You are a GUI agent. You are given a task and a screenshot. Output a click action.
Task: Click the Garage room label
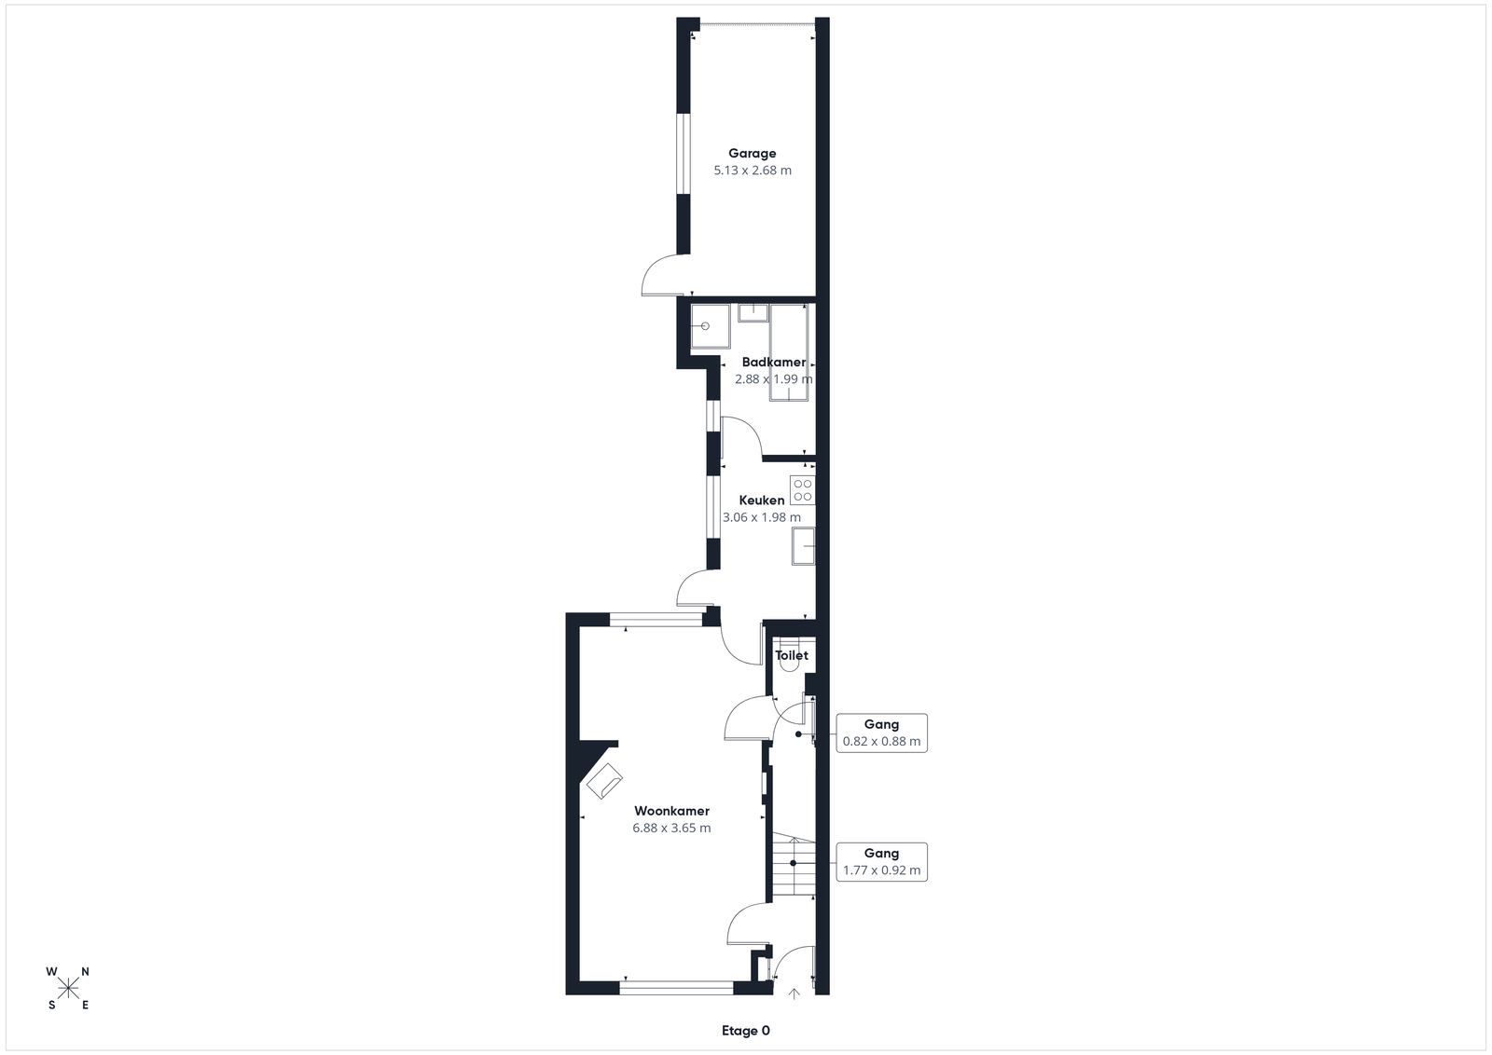point(752,154)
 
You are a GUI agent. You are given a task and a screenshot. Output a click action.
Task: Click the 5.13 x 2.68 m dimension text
point(753,171)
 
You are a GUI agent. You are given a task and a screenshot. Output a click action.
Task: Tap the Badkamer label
point(774,363)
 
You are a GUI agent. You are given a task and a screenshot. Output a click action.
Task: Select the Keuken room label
point(762,500)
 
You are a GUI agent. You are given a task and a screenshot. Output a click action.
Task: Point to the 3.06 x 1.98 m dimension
point(762,517)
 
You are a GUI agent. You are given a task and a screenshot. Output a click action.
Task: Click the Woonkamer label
point(672,811)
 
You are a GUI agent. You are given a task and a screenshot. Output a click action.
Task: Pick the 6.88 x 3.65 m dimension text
point(672,828)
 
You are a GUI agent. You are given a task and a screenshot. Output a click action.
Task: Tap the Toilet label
point(792,655)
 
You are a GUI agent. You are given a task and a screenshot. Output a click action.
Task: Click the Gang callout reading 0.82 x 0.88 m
point(882,733)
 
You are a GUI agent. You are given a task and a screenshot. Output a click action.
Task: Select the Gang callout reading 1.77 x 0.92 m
point(882,862)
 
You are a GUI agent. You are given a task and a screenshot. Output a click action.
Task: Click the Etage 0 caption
point(746,1031)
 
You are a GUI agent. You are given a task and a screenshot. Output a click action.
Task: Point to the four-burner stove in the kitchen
point(803,490)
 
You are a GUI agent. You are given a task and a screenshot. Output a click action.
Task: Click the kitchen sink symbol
point(803,546)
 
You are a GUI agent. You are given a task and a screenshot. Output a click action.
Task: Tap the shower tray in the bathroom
point(711,326)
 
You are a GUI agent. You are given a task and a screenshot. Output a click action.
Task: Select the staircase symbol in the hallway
point(794,863)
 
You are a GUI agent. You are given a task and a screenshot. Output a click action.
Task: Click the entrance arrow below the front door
point(794,993)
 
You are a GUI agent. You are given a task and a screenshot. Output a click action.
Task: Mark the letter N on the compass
point(85,972)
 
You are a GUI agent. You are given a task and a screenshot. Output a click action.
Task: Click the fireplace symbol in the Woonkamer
point(604,781)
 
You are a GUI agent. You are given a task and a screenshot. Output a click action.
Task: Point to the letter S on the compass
point(52,1005)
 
